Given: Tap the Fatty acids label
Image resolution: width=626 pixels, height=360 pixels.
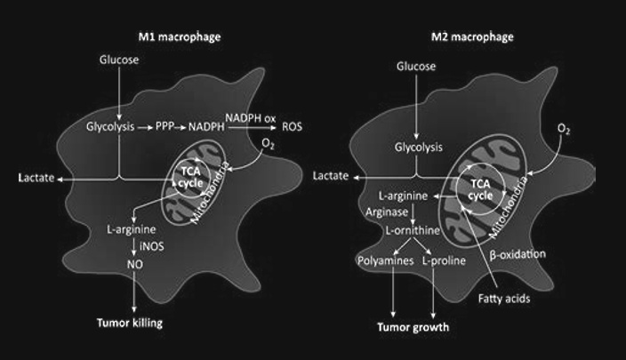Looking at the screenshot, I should tap(504, 299).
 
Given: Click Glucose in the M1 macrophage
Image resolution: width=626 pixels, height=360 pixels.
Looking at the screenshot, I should tap(118, 60).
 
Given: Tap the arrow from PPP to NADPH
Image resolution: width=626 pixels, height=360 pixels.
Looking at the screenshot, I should tap(185, 128).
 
